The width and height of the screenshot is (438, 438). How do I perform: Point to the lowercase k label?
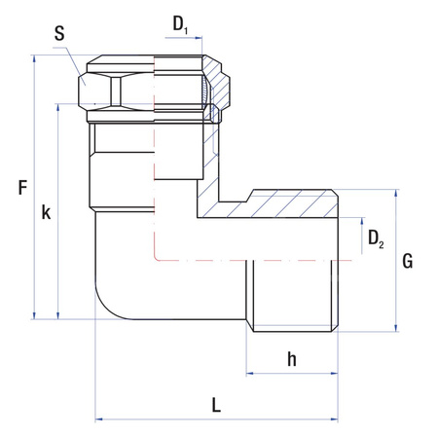(45, 212)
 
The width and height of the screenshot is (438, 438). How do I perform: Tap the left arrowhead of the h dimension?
(249, 373)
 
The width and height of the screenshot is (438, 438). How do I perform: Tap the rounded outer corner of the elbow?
(108, 306)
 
